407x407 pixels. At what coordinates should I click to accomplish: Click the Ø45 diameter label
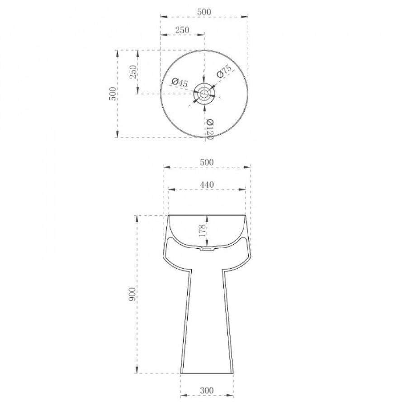[180, 83]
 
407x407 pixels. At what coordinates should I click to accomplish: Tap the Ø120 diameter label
[210, 129]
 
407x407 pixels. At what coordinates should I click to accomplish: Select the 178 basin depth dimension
[202, 230]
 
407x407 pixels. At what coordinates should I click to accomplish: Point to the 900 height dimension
[132, 294]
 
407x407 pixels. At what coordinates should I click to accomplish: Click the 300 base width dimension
[207, 390]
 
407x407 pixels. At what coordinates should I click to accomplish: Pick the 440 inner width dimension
[207, 185]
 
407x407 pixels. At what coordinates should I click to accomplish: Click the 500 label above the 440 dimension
[207, 162]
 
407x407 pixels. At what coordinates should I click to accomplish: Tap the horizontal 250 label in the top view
[182, 30]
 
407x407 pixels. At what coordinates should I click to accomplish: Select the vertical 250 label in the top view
[133, 72]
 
